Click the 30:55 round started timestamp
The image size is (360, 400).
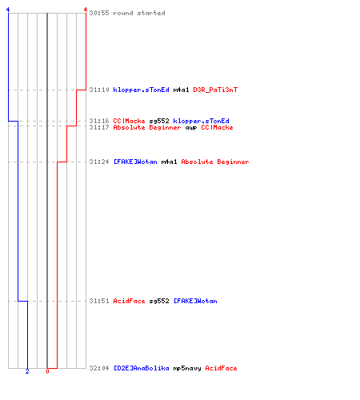click(99, 13)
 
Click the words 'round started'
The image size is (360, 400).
click(139, 13)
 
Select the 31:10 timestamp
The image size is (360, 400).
click(99, 90)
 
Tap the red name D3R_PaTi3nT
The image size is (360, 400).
click(215, 90)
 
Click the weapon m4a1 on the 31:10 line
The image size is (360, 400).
click(181, 90)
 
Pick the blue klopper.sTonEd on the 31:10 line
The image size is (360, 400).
click(141, 90)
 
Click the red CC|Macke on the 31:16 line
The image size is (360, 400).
click(129, 121)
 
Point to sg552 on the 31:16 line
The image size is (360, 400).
click(159, 121)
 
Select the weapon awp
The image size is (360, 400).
click(191, 128)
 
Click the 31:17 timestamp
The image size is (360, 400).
click(99, 127)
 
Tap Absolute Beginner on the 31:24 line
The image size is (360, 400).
click(215, 162)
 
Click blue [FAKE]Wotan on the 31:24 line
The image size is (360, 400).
click(135, 162)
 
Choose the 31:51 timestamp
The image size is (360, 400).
click(99, 301)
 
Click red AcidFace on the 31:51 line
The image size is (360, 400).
click(129, 301)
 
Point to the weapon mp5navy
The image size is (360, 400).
click(187, 368)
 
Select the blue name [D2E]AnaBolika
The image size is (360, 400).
click(141, 368)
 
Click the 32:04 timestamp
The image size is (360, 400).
click(99, 368)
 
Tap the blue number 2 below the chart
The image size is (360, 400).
click(27, 371)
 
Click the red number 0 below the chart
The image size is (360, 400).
click(47, 371)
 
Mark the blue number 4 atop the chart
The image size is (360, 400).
click(8, 10)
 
